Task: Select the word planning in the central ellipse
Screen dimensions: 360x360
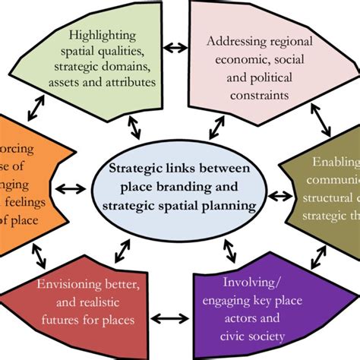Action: (225, 205)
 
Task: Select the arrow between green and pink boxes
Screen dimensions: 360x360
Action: (178, 48)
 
